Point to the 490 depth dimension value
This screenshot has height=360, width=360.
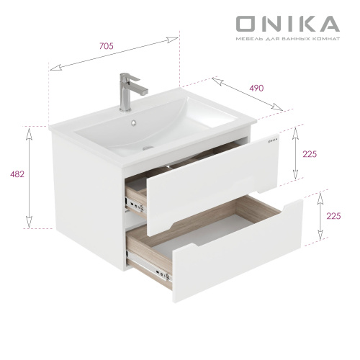point(256,88)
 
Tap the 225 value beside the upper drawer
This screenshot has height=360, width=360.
point(311,154)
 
